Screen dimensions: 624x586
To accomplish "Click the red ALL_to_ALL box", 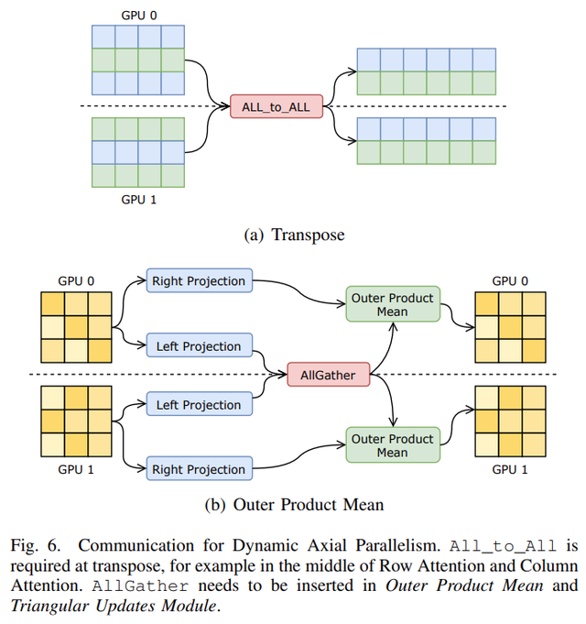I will click(x=276, y=107).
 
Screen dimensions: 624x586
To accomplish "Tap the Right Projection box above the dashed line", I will click(x=199, y=280).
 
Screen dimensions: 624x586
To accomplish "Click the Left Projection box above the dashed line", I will click(x=199, y=345).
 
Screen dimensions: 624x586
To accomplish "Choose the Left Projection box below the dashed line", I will click(x=199, y=404).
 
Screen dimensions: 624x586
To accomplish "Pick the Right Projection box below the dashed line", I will click(x=199, y=469).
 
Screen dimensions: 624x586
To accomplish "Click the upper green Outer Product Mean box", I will click(x=392, y=304).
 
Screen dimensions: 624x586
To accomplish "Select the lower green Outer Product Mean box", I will click(x=392, y=445).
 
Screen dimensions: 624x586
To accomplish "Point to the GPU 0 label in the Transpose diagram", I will click(x=138, y=16).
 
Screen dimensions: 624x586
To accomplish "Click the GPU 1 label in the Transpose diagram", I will click(x=138, y=197).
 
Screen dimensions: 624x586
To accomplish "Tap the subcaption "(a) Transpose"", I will click(x=293, y=235).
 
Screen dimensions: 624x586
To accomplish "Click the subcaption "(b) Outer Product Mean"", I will click(x=293, y=504).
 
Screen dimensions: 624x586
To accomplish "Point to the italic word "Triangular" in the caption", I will click(x=44, y=605).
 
